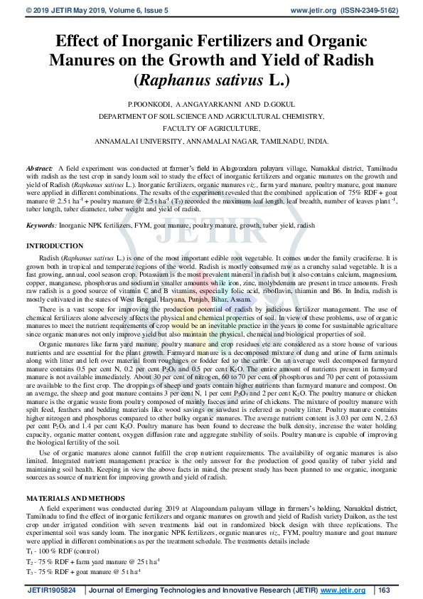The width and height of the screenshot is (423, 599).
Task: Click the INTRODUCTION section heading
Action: tap(55, 245)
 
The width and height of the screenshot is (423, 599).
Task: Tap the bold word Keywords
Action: tap(41, 225)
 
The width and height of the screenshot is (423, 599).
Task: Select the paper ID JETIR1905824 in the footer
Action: tap(56, 590)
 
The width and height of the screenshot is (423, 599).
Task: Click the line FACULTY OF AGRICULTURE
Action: tap(211, 129)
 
